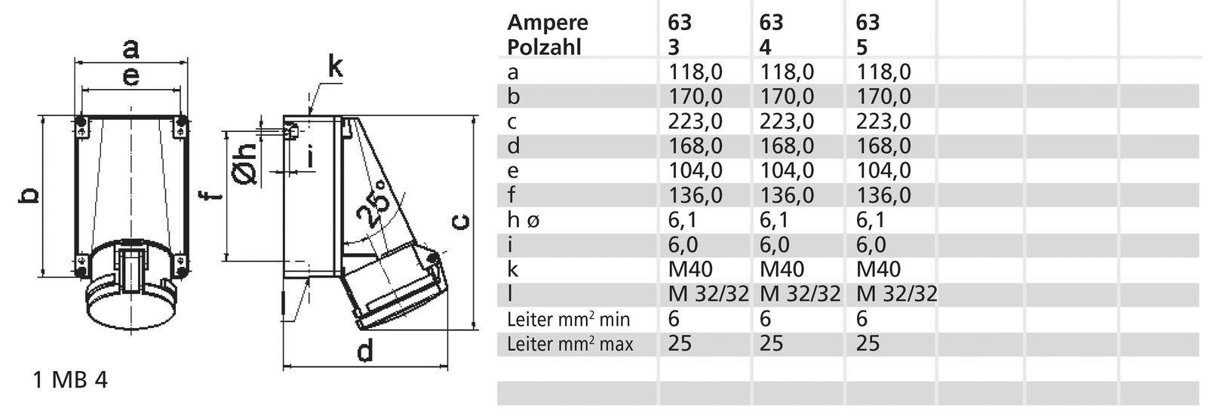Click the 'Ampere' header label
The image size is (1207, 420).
coord(547,22)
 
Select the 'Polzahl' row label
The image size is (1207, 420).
coord(545,47)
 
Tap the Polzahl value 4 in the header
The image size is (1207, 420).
coord(765,47)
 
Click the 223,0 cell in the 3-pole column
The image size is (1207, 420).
coord(695,121)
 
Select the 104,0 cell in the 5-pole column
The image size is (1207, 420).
coord(883,170)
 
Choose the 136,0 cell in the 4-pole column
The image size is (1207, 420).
coord(786,195)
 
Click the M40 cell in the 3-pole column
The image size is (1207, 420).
coord(690,269)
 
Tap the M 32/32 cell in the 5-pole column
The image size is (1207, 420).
coord(896,294)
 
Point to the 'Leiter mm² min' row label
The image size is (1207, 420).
coord(568,320)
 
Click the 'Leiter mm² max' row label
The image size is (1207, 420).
coord(570,345)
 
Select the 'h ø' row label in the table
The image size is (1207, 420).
coord(523,220)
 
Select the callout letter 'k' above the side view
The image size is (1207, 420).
coord(334,67)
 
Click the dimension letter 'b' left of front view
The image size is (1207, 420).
coord(28,196)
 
